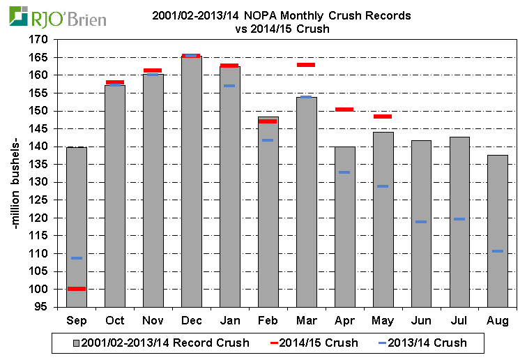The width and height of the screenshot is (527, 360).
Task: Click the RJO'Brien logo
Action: [x=59, y=17]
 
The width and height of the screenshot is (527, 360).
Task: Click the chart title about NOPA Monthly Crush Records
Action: [x=282, y=22]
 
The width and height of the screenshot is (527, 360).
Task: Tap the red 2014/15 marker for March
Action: [x=306, y=65]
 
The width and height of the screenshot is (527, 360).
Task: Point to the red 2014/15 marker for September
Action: [x=77, y=288]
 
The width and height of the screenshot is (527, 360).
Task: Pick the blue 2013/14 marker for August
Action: [x=497, y=251]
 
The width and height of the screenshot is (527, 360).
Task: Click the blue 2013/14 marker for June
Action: [x=420, y=222]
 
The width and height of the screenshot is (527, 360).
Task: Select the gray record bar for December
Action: [x=191, y=181]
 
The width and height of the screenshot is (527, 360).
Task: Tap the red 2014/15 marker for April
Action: [x=344, y=110]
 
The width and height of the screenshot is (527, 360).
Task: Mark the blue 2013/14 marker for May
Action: [x=382, y=186]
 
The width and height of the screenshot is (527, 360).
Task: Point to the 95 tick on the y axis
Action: [x=43, y=307]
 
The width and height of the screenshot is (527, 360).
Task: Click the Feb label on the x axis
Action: [x=268, y=320]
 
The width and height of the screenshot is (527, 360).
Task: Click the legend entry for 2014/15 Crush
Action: [x=314, y=343]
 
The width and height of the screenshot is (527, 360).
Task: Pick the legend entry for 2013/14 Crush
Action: [x=422, y=343]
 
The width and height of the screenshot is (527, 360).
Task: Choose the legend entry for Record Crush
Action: [x=160, y=343]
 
